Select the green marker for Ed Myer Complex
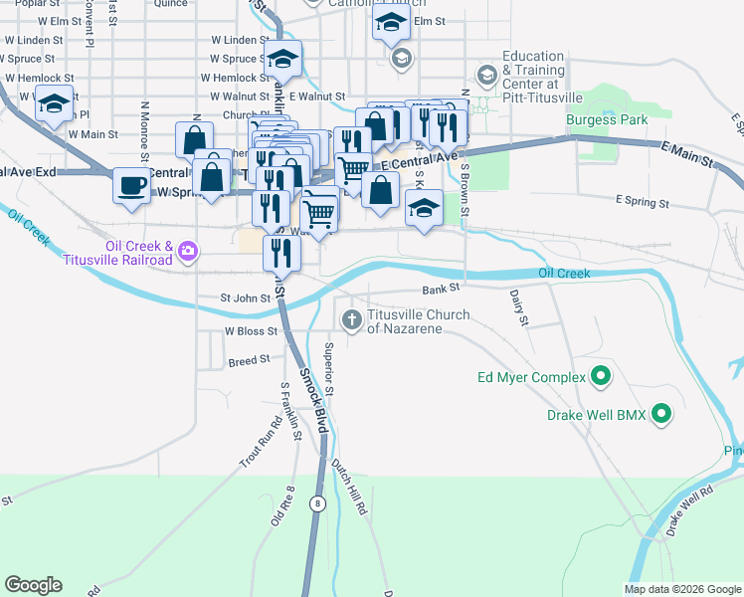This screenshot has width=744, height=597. tap(600, 377)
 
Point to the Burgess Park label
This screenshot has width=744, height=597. tap(607, 120)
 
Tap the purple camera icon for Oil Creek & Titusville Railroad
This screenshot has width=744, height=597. tap(187, 255)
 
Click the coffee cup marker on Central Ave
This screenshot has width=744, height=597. tap(130, 185)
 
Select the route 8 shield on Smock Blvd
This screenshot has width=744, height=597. tap(317, 504)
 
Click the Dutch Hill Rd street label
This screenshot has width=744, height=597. tap(349, 487)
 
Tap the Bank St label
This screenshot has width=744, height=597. tap(439, 289)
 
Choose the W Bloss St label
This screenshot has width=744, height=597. tap(249, 330)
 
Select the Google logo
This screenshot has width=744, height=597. tap(33, 585)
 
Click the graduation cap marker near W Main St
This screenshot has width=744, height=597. tap(54, 101)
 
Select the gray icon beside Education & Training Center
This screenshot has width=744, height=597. tap(486, 74)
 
